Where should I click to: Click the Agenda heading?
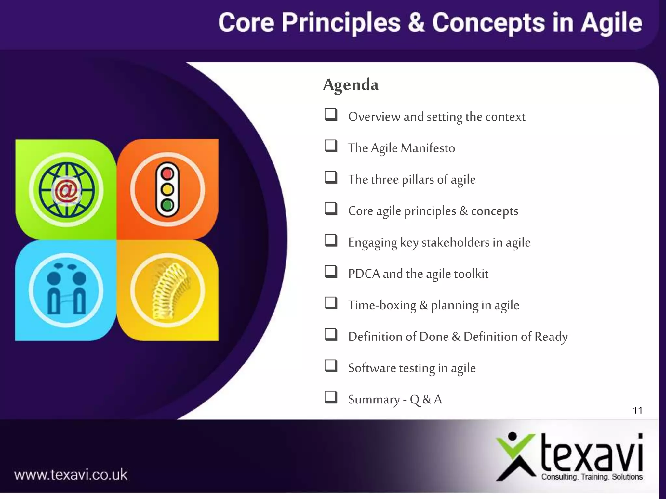[x=351, y=85]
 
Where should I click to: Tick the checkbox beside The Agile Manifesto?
[x=331, y=146]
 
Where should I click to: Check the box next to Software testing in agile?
[x=331, y=366]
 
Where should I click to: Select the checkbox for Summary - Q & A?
[x=331, y=397]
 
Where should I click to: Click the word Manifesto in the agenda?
[x=428, y=148]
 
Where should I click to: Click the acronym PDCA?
[x=364, y=274]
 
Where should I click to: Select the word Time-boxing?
[x=382, y=305]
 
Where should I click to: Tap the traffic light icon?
[x=167, y=189]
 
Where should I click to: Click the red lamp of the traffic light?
[x=167, y=174]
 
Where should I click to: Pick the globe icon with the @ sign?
[x=66, y=190]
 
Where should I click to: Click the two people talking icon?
[x=66, y=290]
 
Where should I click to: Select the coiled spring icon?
[x=167, y=290]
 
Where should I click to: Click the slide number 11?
[x=637, y=410]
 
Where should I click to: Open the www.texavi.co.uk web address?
[x=71, y=475]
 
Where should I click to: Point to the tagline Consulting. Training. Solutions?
[x=592, y=477]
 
